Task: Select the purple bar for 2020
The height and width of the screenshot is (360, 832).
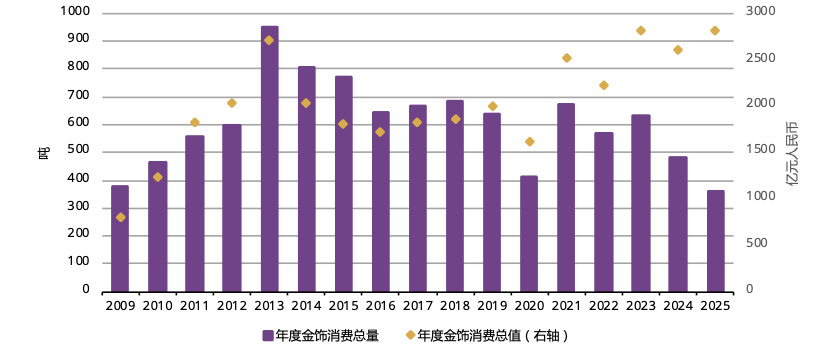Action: (529, 233)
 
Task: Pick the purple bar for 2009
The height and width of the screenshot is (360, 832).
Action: (120, 238)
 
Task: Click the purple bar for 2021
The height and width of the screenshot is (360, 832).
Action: (566, 196)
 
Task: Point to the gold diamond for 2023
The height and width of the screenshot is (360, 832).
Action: (640, 31)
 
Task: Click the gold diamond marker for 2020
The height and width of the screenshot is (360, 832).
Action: (529, 142)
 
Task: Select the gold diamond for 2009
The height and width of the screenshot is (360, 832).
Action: (120, 217)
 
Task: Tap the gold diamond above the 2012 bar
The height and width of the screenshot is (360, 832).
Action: (232, 103)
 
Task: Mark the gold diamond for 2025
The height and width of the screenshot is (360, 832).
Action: (715, 31)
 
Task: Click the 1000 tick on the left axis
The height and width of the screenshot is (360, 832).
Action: (75, 12)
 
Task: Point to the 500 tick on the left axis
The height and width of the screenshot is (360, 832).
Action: (78, 151)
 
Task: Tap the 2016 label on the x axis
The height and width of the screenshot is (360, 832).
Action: (380, 304)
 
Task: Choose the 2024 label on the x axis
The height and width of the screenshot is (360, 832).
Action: (678, 304)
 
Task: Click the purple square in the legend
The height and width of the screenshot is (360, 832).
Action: (268, 336)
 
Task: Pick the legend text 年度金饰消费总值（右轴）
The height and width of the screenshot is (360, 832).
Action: (494, 336)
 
